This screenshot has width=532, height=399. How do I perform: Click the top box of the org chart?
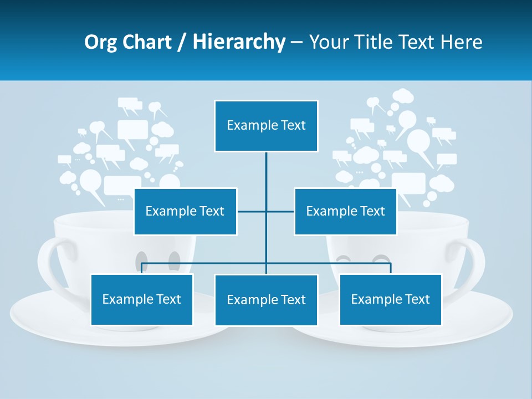coord(266,126)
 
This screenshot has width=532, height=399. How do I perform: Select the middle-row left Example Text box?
coord(185,211)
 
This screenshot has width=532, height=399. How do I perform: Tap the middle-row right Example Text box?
coord(345,211)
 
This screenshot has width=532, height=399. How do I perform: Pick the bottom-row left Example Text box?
coord(141,299)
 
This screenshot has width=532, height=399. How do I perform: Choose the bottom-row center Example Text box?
coord(266,300)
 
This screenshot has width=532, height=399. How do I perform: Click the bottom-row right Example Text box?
coord(390,299)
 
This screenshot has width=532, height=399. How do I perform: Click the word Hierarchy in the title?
coord(239,42)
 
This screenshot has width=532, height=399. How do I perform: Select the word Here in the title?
coord(461,42)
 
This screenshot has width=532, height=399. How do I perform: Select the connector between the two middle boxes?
coord(266,211)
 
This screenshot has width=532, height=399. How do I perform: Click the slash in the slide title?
coord(181,42)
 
